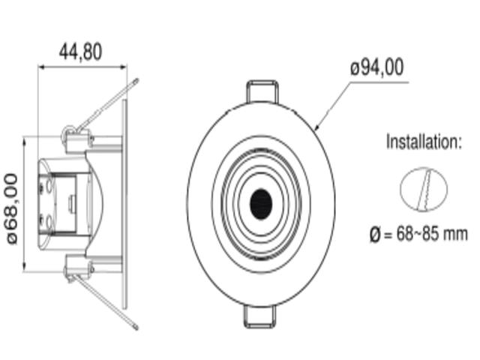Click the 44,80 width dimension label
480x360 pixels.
(80, 52)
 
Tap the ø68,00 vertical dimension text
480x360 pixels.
(12, 208)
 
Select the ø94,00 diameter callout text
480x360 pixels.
(377, 67)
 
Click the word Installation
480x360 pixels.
(422, 142)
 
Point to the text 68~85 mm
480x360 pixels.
(432, 234)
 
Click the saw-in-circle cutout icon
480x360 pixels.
(424, 189)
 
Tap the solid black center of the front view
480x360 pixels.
(261, 204)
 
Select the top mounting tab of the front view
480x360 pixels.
(262, 91)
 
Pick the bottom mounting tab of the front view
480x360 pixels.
(259, 316)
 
